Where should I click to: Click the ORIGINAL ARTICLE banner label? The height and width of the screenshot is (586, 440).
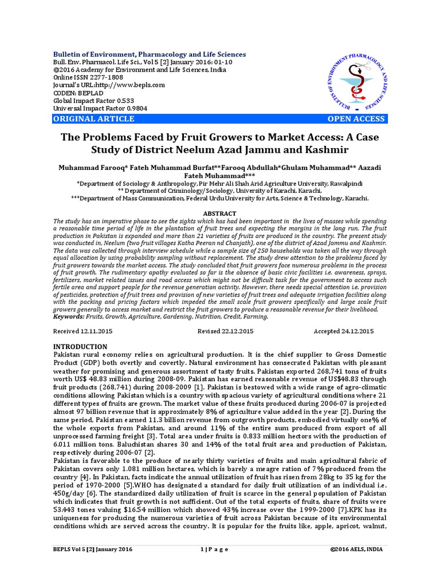tap(93, 119)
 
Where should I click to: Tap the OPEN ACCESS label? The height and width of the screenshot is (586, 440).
tap(356, 119)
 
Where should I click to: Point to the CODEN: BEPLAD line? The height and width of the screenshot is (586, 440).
tap(80, 93)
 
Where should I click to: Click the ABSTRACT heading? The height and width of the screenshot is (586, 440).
tap(220, 213)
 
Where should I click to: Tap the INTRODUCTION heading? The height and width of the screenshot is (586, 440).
tap(80, 347)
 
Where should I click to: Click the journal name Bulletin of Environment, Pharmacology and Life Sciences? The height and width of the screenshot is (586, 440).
tap(150, 54)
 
